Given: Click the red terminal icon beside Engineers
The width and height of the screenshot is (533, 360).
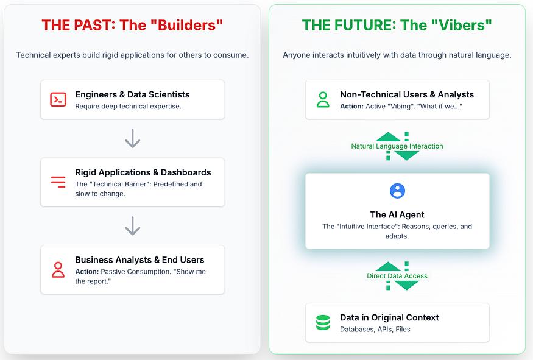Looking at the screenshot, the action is tap(58, 100).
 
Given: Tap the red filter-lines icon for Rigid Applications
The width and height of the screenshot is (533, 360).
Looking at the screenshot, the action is tap(58, 182).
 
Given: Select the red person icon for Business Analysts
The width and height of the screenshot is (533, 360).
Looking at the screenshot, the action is tap(58, 270).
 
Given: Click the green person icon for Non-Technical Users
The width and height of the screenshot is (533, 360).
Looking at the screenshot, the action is tap(323, 100).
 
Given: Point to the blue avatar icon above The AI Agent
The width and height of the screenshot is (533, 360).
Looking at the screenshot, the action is tap(397, 191).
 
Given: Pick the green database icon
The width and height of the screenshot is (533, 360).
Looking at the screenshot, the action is tap(323, 323).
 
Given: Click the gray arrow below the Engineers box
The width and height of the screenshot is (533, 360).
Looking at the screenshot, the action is tap(133, 138).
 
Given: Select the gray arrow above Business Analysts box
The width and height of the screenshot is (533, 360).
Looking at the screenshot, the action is tap(133, 226).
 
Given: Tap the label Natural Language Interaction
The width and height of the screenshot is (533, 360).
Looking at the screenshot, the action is tap(397, 146).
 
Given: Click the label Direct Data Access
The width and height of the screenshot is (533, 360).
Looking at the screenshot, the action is tap(397, 276).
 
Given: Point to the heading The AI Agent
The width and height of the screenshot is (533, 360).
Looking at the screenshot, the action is tap(397, 215).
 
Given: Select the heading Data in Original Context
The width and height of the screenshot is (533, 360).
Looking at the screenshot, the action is tap(389, 317).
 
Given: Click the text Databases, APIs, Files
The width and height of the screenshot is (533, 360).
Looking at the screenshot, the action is tap(375, 329).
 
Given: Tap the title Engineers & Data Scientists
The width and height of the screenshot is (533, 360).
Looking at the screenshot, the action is tap(132, 94).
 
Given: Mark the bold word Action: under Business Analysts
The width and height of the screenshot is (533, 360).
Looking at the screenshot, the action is tap(86, 272).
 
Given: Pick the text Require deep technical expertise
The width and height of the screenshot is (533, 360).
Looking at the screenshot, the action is tap(128, 107).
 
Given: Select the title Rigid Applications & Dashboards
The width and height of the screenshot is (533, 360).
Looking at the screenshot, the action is tap(143, 172).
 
